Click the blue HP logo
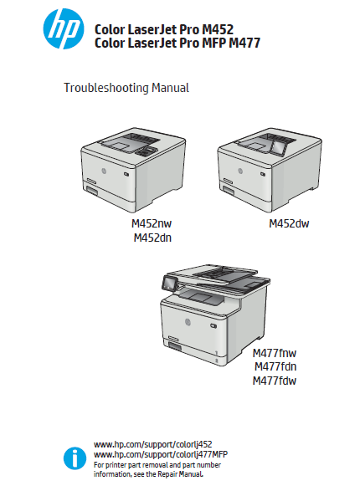click(64, 28)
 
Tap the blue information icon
click(75, 458)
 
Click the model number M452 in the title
click(218, 30)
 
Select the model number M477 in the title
click(244, 43)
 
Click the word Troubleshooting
click(106, 88)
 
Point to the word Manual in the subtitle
click(170, 88)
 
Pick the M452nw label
click(152, 223)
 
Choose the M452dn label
click(152, 238)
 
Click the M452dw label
click(289, 223)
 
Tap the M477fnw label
click(275, 353)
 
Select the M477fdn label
click(275, 366)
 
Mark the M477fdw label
click(275, 381)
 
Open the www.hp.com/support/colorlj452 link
click(153, 444)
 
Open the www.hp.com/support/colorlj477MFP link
click(161, 454)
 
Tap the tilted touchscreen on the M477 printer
click(170, 284)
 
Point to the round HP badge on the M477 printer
click(188, 321)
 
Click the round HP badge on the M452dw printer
click(240, 171)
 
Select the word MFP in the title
click(213, 43)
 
